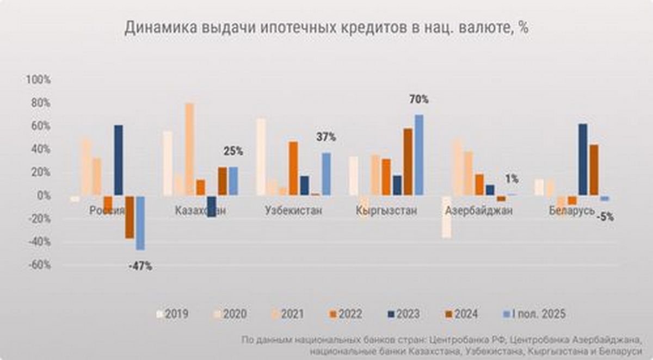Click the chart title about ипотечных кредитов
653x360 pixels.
pos(326,28)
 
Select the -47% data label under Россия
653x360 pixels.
pos(140,266)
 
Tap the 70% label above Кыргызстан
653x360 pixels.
pos(418,100)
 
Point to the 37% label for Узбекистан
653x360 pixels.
pos(326,138)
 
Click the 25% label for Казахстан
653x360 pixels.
pos(233,151)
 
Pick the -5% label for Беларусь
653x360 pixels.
pos(604,216)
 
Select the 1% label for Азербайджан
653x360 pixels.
pos(512,179)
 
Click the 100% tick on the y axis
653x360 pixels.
pos(38,79)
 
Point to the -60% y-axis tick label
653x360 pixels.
pos(38,265)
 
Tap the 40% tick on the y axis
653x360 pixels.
pos(38,149)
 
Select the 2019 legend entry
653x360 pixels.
pos(173,314)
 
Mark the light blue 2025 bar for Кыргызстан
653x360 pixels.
pos(418,154)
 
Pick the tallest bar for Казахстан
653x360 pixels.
pos(189,149)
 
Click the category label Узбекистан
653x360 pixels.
pos(293,211)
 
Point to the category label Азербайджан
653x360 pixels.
pos(478,211)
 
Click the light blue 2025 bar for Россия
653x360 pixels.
pos(140,223)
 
